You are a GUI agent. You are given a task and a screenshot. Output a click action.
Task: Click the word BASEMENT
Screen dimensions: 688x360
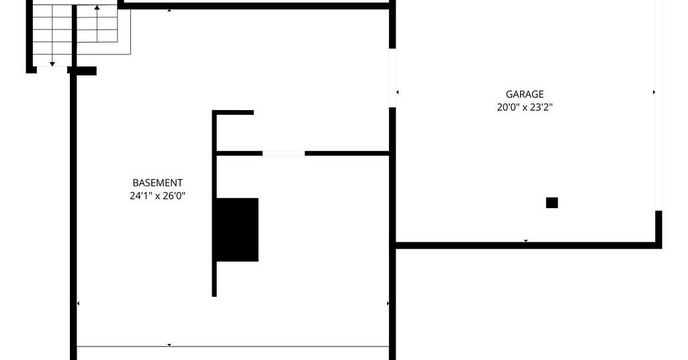[x=157, y=183]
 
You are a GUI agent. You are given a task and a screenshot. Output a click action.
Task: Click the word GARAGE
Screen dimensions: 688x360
[x=525, y=94]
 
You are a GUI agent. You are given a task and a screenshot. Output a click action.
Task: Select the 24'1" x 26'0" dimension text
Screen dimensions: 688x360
[x=157, y=195]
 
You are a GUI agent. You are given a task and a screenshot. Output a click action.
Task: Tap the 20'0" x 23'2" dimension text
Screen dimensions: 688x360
[x=525, y=107]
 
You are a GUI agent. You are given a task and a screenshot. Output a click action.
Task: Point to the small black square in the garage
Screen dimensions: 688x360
[x=552, y=203]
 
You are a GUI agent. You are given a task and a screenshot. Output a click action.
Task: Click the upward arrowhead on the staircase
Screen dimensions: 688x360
[x=97, y=7]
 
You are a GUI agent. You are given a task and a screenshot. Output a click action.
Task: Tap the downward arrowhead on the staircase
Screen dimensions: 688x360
[x=52, y=64]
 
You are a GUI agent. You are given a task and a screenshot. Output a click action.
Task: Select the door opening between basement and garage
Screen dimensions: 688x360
[x=392, y=78]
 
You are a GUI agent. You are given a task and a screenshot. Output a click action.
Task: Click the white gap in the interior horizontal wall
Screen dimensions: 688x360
[x=284, y=153]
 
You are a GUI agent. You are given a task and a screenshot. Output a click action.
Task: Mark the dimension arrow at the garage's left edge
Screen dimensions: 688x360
[x=398, y=92]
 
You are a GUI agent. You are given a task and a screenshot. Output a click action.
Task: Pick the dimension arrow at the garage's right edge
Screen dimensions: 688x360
[x=654, y=92]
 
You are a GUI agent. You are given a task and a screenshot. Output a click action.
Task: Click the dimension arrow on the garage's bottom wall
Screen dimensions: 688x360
[x=525, y=240]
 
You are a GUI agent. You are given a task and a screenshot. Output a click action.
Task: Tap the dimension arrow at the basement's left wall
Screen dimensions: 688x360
[x=78, y=304]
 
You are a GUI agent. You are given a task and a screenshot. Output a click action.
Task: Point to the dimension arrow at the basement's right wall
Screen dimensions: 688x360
[x=388, y=304]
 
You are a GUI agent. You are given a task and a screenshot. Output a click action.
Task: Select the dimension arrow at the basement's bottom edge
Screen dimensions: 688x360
[x=169, y=345]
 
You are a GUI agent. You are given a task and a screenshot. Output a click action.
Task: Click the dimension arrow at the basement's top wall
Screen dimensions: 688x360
[x=169, y=10]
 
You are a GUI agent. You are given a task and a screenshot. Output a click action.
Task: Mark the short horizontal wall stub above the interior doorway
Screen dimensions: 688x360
[x=233, y=113]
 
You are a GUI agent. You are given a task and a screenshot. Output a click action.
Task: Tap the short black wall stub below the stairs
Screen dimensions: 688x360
[x=82, y=71]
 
